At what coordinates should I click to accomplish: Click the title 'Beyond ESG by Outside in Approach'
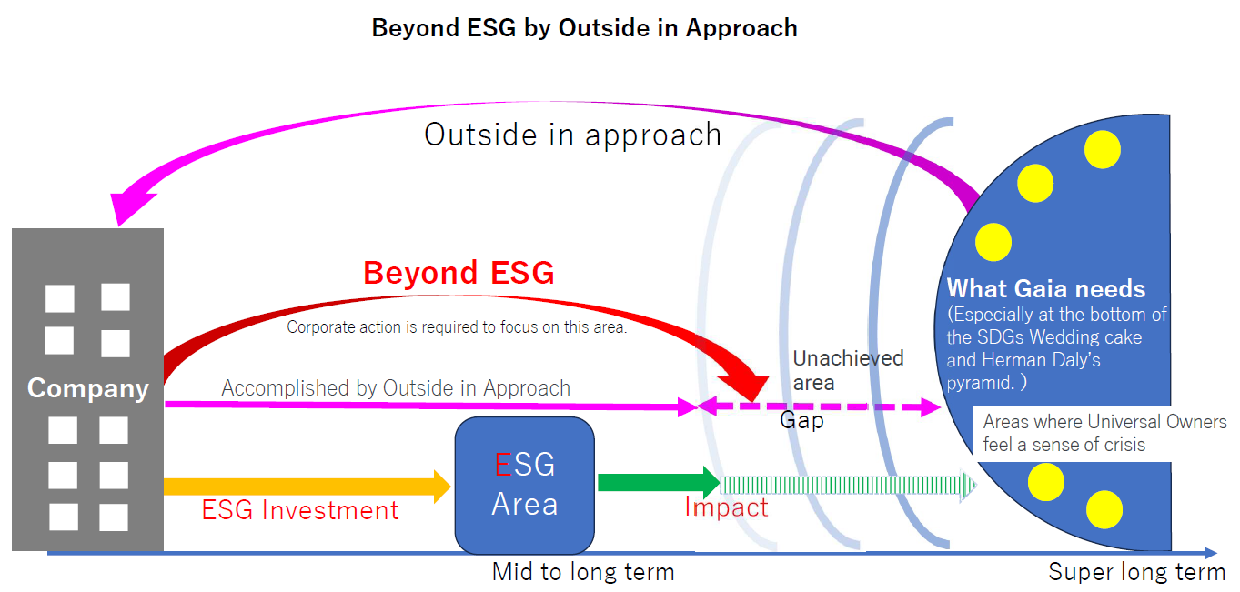point(584,28)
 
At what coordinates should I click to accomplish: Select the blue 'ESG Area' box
point(524,485)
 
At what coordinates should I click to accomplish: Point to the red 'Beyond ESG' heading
point(459,273)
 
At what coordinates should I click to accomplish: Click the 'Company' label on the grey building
point(87,388)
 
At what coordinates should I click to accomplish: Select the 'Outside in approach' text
point(572,135)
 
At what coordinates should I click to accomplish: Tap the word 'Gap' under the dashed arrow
point(801,421)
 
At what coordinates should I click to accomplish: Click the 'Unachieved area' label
point(847,370)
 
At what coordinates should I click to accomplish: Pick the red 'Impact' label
point(726,507)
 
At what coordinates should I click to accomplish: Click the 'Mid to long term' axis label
point(583,572)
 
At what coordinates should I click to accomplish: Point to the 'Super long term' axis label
point(1136,572)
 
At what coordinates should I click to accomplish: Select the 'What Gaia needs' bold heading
point(1046,289)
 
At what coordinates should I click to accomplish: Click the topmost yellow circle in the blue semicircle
point(1103,149)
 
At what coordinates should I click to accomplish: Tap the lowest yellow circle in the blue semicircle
point(1104,509)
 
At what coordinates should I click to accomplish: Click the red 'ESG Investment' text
point(300,510)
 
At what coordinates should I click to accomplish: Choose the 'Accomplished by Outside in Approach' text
point(396,388)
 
